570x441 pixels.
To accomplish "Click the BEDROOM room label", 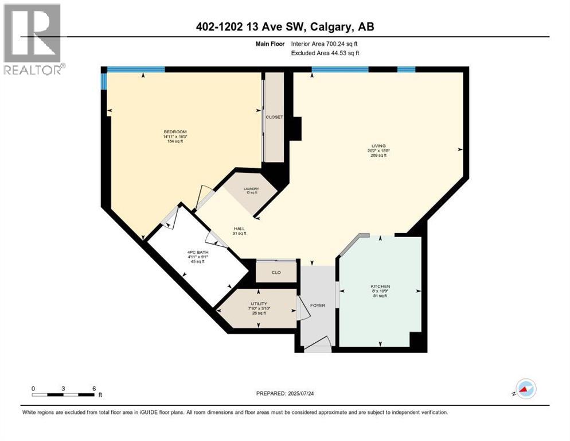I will click(175, 132).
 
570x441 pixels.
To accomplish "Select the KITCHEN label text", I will click(380, 286).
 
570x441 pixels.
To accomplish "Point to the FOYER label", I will click(318, 305).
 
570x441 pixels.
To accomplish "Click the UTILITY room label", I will click(259, 303).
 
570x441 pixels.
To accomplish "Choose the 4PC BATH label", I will click(197, 252).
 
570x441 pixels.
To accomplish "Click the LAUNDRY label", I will click(251, 188).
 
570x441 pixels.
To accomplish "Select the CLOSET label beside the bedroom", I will click(274, 117).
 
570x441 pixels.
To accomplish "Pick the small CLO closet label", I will click(276, 272).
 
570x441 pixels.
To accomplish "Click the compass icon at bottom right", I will click(525, 389).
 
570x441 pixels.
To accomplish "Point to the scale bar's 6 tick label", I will click(93, 388).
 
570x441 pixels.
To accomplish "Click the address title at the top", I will click(284, 27).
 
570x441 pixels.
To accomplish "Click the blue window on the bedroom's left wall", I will click(104, 81).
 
